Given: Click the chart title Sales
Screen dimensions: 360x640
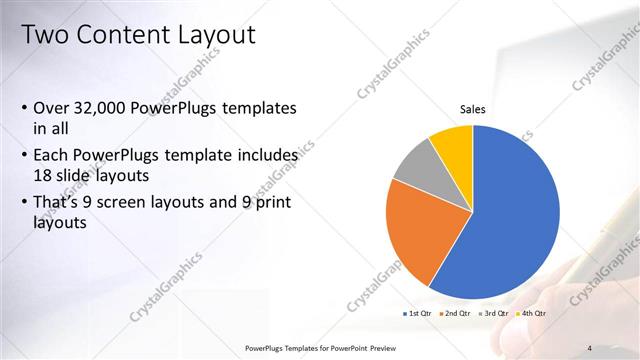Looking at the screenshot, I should point(473,109).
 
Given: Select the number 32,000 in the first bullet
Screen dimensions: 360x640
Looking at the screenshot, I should point(105,108).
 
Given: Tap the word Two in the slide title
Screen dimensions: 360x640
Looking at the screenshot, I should point(42,35).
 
